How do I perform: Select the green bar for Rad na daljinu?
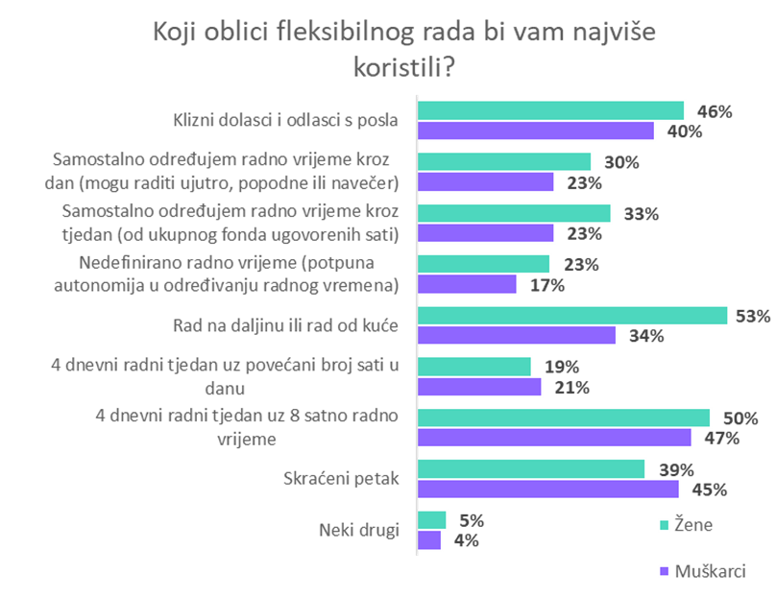[x=571, y=316]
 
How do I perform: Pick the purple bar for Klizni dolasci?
[x=535, y=131]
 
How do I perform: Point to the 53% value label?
[x=753, y=315]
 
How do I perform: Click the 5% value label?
[x=472, y=521]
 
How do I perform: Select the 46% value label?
[x=715, y=111]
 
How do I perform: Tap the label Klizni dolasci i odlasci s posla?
[x=285, y=121]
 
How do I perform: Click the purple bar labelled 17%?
[x=467, y=284]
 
